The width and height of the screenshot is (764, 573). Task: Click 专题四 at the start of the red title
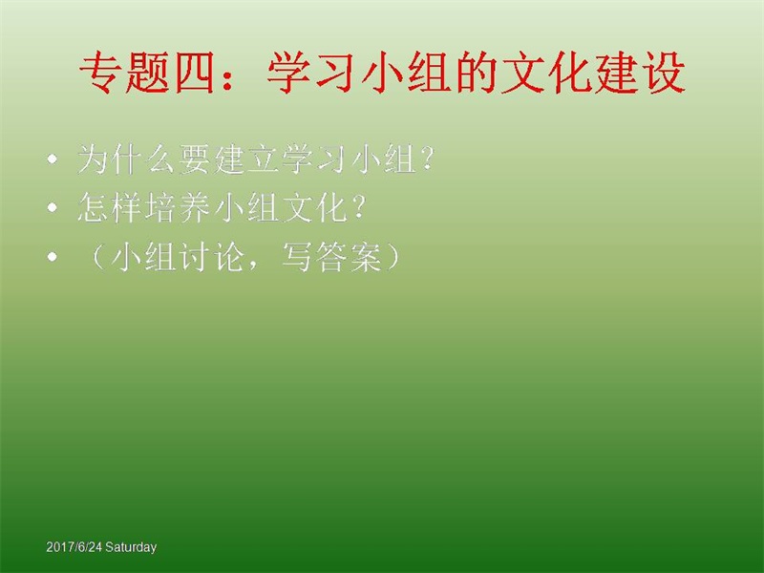(147, 74)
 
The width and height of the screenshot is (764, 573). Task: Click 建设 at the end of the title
(640, 74)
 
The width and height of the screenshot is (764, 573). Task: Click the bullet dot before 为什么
(53, 159)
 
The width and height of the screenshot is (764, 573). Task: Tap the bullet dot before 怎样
(53, 208)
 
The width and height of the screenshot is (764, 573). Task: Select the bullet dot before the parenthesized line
(53, 257)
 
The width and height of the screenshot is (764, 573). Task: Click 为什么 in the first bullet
(126, 159)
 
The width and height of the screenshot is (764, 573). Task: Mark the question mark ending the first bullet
(427, 159)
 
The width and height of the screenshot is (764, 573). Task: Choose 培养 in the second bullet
(178, 208)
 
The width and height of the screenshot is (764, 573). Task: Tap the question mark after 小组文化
(358, 207)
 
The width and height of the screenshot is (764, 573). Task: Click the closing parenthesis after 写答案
(393, 257)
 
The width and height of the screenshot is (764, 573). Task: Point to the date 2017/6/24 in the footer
(74, 547)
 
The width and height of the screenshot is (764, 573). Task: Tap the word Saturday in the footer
(131, 547)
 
